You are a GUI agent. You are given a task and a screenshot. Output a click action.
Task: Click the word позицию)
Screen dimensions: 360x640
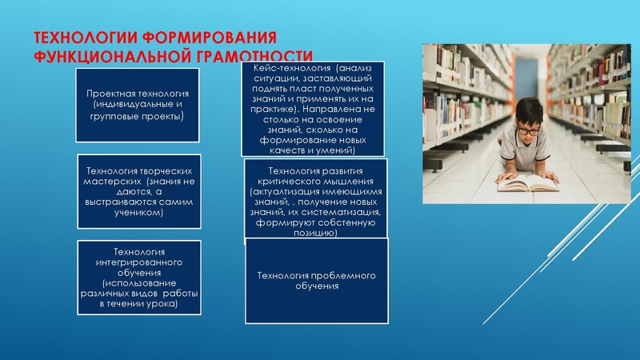316,234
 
